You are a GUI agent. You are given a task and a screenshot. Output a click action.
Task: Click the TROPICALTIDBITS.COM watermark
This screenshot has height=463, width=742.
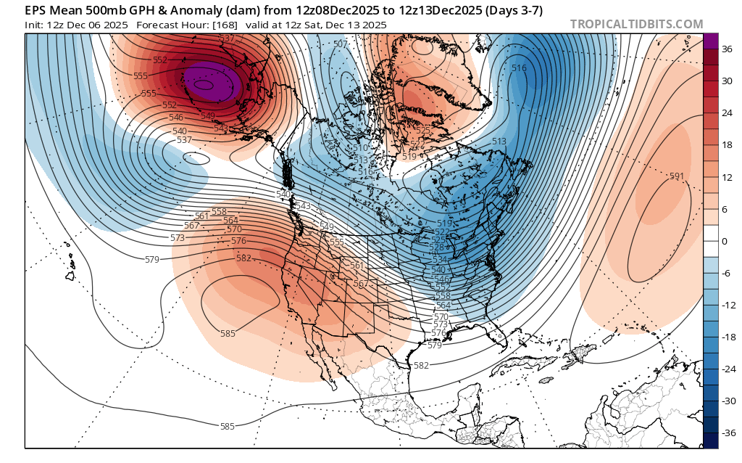coord(636,24)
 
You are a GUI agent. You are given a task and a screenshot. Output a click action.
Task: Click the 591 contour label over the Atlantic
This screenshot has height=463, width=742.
coord(677,176)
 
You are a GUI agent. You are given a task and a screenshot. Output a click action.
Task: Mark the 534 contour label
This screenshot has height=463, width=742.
coord(439,259)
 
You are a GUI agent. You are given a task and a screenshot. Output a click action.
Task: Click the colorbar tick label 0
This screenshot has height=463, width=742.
coord(725,240)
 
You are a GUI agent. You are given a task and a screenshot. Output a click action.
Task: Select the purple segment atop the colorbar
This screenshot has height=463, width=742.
coord(711,41)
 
